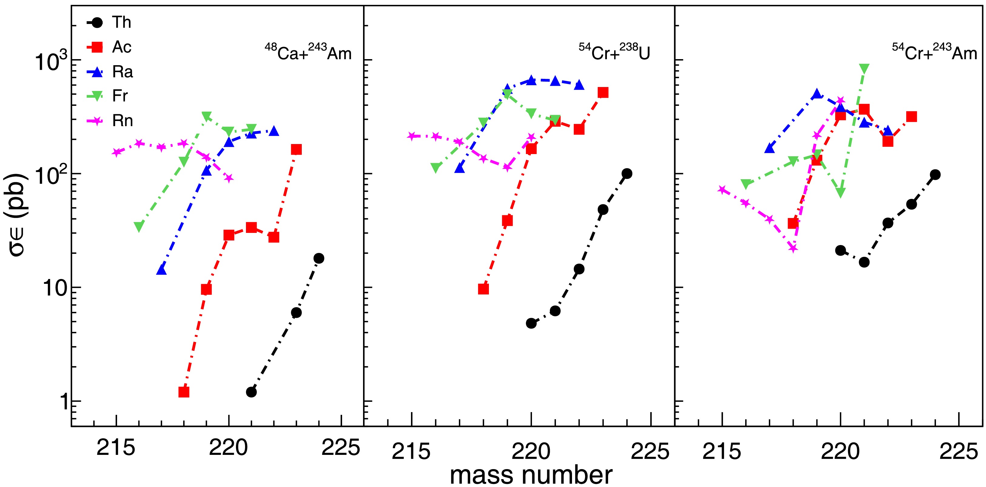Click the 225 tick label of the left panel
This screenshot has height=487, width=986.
[x=341, y=448]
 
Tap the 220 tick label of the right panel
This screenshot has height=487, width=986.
[x=840, y=452]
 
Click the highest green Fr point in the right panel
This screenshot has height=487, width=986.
[x=864, y=69]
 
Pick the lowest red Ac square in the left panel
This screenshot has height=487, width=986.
[x=184, y=392]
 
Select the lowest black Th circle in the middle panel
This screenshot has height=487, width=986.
[x=531, y=323]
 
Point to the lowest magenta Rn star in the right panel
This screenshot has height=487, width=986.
[x=793, y=249]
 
